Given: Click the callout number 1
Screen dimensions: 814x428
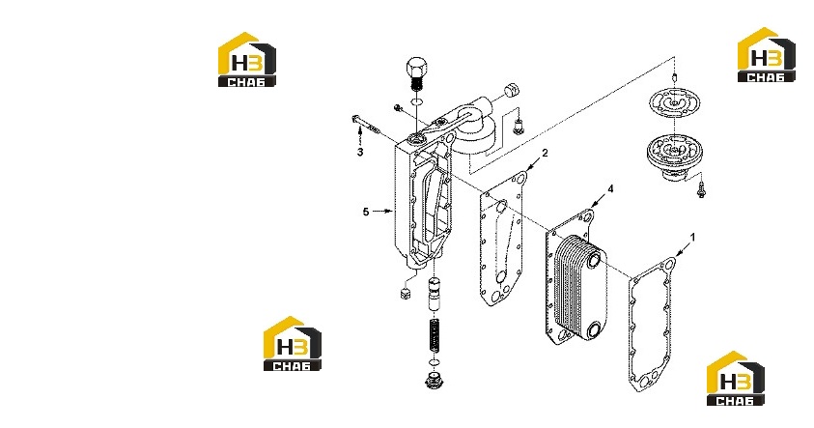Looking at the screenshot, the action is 692,238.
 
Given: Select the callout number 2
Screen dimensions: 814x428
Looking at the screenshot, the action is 545,154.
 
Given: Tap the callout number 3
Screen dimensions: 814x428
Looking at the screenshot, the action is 360,153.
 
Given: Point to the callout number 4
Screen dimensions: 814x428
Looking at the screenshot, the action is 610,188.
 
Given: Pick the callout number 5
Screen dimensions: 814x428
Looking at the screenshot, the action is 366,212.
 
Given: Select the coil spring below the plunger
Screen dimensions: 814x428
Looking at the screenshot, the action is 435,336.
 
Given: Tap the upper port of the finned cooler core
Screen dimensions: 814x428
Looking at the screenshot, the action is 594,258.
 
